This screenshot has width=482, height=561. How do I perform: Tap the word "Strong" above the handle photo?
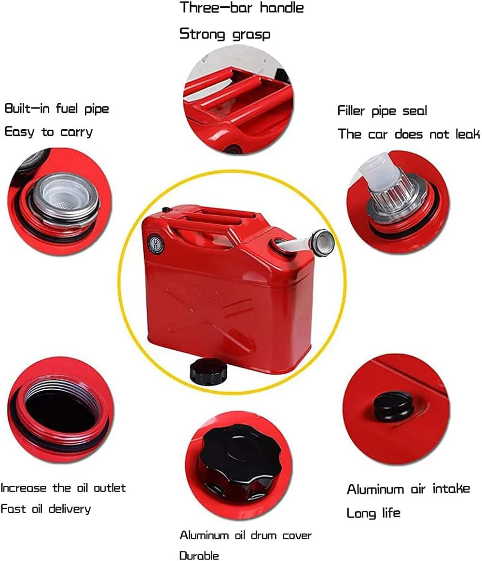[202, 34]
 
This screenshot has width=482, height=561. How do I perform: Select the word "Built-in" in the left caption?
[27, 109]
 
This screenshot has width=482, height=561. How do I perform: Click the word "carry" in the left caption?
[76, 132]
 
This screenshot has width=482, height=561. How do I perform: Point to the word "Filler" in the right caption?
[351, 110]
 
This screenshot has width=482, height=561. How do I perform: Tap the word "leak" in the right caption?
[468, 134]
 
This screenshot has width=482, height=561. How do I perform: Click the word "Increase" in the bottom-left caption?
[24, 488]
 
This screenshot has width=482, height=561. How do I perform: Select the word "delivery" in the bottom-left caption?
[69, 509]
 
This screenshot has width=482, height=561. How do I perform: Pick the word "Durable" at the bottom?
[199, 555]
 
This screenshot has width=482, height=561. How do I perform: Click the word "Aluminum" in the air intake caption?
[375, 489]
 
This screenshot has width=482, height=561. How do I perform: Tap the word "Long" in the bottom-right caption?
[361, 513]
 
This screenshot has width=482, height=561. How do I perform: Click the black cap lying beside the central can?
[208, 371]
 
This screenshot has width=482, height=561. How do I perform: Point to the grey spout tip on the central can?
[322, 243]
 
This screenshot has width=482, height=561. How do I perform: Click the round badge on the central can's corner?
[156, 245]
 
